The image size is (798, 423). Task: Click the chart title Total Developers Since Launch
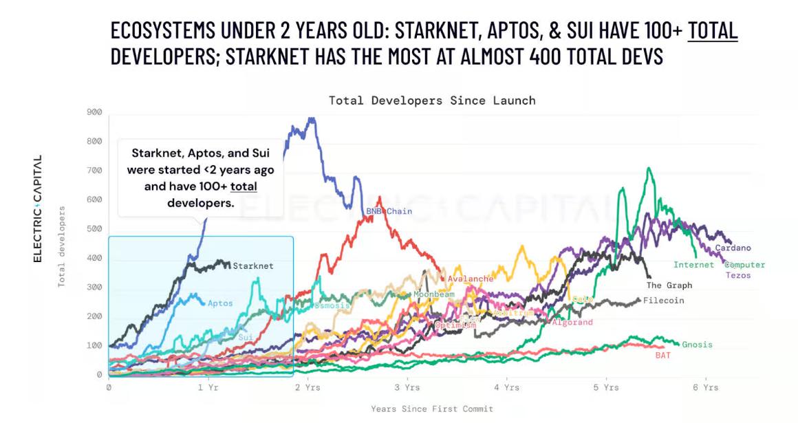[x=432, y=100]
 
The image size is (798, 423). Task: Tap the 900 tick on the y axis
[x=94, y=112]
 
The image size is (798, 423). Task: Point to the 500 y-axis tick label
[x=94, y=228]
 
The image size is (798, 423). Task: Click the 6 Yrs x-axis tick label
[x=705, y=388]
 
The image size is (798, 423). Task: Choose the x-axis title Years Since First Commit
[x=432, y=409]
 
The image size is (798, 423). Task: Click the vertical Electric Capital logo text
[x=38, y=208]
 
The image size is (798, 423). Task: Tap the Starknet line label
[x=253, y=266]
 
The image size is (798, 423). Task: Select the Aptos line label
[x=220, y=303]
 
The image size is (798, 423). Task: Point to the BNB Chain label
[x=389, y=211]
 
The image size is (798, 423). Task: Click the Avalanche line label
[x=471, y=279]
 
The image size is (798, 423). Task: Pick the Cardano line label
[x=733, y=248]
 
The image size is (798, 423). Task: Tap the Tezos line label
[x=738, y=276]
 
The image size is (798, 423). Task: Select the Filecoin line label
[x=663, y=301]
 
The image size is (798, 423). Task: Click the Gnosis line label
[x=698, y=345]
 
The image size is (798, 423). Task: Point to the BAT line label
[x=662, y=356]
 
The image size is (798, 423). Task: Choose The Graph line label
[x=669, y=285]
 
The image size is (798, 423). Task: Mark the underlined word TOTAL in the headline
[x=713, y=31]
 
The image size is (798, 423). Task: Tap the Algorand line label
[x=572, y=323]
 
